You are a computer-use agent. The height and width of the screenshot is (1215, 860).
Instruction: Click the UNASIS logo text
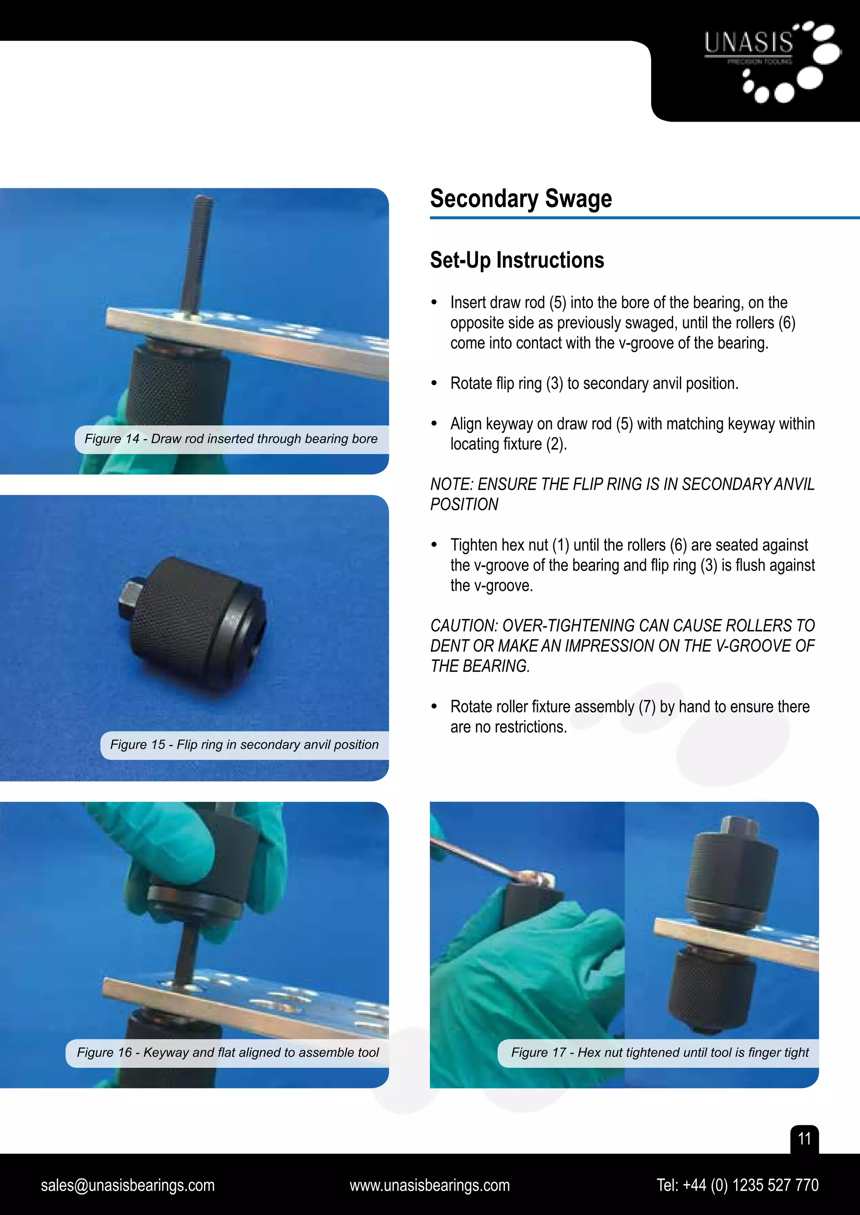748,42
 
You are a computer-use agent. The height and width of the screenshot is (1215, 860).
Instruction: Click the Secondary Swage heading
521,199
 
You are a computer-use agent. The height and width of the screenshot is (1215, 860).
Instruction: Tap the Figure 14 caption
231,439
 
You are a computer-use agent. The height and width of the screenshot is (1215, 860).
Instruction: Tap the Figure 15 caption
244,745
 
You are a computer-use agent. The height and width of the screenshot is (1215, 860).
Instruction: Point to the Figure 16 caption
228,1052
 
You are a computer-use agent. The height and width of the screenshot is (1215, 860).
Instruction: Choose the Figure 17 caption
659,1052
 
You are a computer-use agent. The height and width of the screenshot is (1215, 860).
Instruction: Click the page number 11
804,1138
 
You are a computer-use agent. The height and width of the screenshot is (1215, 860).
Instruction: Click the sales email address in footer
128,1185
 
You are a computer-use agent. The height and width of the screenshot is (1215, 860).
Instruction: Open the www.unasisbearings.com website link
430,1185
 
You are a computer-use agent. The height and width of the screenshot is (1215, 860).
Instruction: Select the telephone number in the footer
737,1185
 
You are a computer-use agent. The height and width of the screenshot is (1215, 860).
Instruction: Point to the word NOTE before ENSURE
451,484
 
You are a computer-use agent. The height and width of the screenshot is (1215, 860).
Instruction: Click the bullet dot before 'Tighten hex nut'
434,545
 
